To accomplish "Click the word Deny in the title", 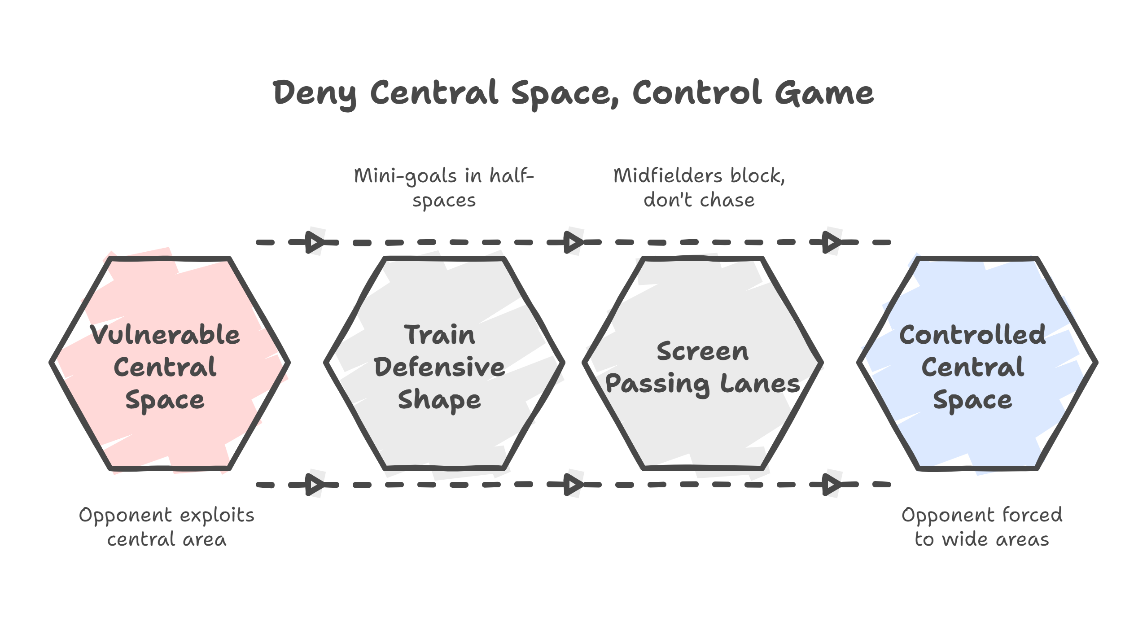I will coord(315,94).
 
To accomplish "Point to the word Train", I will coord(439,335).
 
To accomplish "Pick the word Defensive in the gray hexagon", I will coord(439,367).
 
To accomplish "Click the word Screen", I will coord(702,351).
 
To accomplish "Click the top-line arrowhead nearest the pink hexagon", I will coord(315,242).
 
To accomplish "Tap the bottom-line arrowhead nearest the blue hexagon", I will coord(832,485).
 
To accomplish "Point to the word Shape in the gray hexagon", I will coord(439,399).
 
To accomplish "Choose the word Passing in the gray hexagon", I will coord(657,384).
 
